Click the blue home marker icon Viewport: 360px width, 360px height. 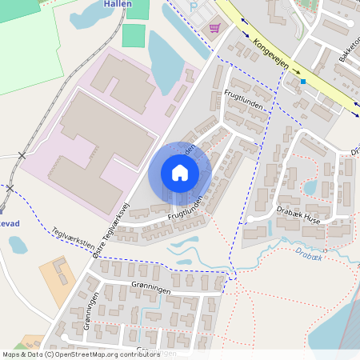point(180,173)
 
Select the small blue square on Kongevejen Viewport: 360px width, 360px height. point(303,82)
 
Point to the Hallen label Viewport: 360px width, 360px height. point(118,4)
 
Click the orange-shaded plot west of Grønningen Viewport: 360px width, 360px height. point(57,274)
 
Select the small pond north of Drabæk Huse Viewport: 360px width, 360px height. point(310,188)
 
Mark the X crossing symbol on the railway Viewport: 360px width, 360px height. point(22,155)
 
